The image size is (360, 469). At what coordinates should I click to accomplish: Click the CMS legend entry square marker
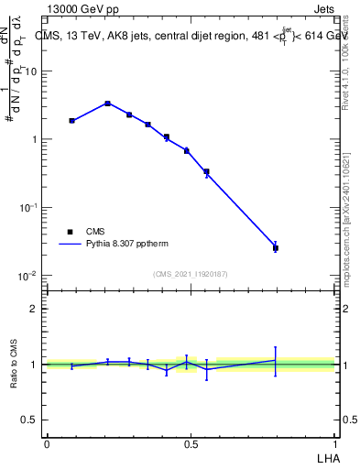pyautogui.click(x=70, y=232)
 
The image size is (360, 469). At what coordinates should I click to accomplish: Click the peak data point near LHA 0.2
pyautogui.click(x=108, y=104)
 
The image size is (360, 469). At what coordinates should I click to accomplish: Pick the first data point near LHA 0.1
pyautogui.click(x=71, y=120)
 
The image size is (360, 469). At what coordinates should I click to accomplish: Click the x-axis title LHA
pyautogui.click(x=326, y=457)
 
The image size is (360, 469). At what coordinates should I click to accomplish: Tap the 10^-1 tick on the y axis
pyautogui.click(x=28, y=208)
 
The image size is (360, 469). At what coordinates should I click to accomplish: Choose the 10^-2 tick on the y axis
pyautogui.click(x=28, y=276)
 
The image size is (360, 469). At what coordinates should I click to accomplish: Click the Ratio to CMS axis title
pyautogui.click(x=13, y=364)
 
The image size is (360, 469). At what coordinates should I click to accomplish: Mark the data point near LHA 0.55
pyautogui.click(x=206, y=171)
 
